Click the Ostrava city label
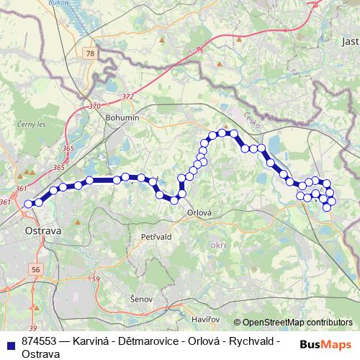[x=44, y=231]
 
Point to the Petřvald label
[x=156, y=235]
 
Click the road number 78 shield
[x=89, y=54]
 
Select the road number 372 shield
[x=128, y=96]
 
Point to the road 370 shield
[x=95, y=106]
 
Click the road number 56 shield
[x=37, y=269]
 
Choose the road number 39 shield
[x=32, y=307]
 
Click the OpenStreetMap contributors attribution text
[x=297, y=323]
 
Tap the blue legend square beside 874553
[x=9, y=343]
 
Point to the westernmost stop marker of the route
[x=29, y=204]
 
